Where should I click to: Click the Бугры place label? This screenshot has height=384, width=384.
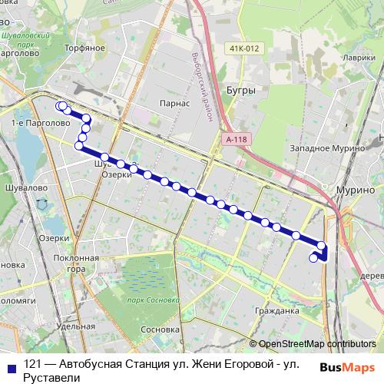coord(240,90)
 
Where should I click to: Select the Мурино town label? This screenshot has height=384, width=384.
coord(355,189)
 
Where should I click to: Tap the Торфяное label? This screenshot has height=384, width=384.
coord(85,48)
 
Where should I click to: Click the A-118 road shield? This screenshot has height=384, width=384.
coord(237,139)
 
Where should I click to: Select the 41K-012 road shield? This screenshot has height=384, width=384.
coord(244,48)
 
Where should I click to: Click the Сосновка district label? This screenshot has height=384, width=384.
coord(161,330)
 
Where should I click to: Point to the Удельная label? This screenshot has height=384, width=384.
coord(75,326)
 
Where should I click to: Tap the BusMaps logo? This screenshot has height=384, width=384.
coord(346,366)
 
